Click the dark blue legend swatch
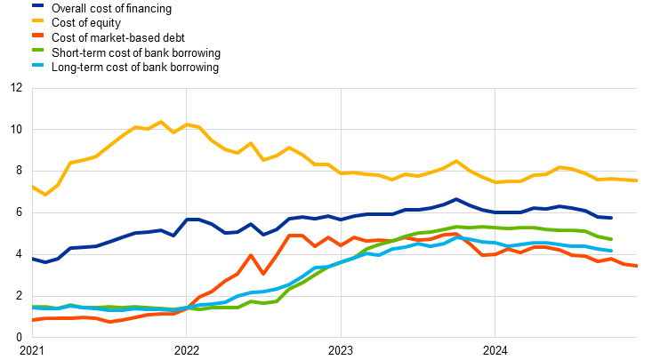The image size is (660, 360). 37,5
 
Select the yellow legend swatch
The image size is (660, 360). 37,20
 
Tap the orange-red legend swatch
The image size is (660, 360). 37,35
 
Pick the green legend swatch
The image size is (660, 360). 37,50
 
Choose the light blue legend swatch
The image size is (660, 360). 37,65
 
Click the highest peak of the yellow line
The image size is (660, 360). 160,122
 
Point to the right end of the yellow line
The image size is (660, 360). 637,180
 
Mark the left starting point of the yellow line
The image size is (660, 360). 33,187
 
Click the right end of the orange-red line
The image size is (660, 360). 637,266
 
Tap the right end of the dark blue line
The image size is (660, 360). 611,217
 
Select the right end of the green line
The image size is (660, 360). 611,239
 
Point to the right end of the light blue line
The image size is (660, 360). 611,251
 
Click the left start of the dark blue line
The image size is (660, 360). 33,259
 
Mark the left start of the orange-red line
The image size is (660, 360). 33,319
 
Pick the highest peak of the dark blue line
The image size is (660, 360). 456,199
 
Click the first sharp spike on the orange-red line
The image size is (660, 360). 251,255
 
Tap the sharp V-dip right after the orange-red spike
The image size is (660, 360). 263,273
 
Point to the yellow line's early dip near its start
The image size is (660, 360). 45,195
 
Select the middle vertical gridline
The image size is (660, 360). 341,212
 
